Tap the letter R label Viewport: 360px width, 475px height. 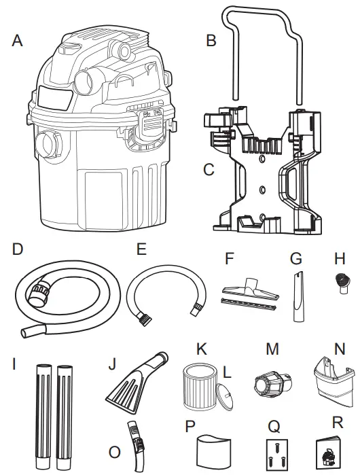coord(337,421)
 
